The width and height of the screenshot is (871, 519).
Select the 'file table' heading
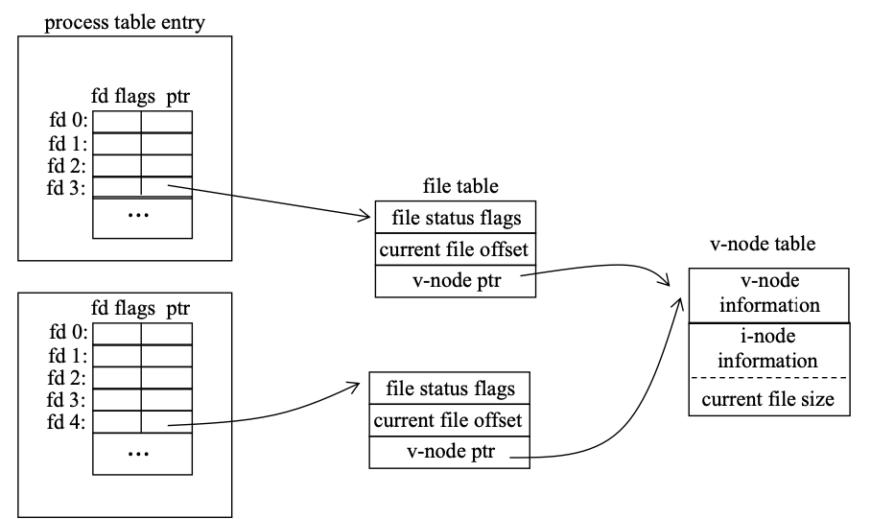[x=460, y=186]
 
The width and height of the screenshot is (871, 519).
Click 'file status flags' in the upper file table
[x=456, y=217]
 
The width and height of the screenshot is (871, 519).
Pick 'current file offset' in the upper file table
[x=456, y=249]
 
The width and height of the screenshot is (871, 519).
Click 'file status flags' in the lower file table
[x=450, y=389]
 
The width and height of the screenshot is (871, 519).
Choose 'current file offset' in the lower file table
[x=450, y=420]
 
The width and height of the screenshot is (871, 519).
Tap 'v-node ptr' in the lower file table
[x=450, y=452]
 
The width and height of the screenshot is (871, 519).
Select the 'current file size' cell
[x=770, y=398]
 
